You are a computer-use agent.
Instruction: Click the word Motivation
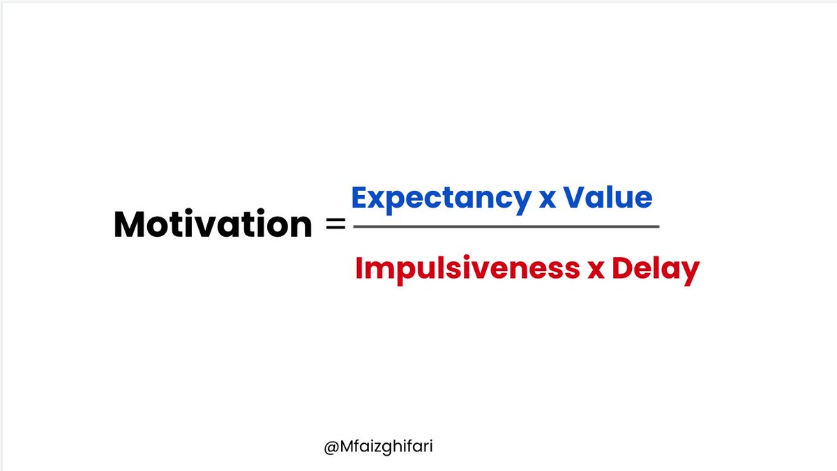tap(213, 225)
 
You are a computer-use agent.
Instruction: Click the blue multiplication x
tap(547, 201)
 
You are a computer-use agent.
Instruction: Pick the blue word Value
tap(608, 198)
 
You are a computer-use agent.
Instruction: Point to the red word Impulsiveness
tap(468, 268)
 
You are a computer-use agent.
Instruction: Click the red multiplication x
tap(595, 271)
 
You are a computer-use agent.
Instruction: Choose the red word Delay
tap(655, 268)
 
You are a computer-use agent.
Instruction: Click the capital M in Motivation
tap(130, 225)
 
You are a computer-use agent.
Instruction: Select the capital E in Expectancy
tap(361, 198)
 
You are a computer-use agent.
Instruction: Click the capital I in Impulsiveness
tap(359, 268)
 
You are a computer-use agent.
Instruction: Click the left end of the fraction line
tap(354, 226)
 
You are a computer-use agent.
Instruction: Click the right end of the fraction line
tap(658, 226)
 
